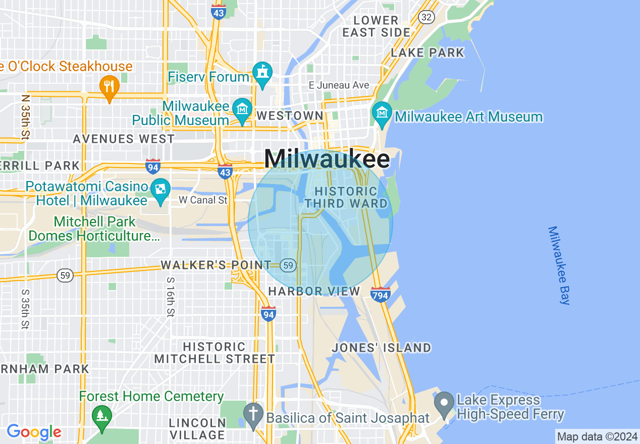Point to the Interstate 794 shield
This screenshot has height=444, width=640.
click(x=380, y=294)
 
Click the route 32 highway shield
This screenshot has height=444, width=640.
click(x=426, y=17)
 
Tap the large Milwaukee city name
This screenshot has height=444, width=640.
click(x=327, y=159)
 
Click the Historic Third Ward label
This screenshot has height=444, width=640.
click(x=346, y=197)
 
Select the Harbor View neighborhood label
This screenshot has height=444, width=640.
click(x=314, y=291)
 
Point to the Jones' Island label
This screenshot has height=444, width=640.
click(x=381, y=348)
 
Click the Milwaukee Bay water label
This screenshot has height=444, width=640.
click(x=559, y=265)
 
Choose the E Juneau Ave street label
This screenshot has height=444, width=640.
click(x=339, y=85)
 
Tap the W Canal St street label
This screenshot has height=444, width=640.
click(x=203, y=200)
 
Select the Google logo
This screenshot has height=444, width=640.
click(x=34, y=432)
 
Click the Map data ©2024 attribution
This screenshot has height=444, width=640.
click(x=597, y=436)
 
